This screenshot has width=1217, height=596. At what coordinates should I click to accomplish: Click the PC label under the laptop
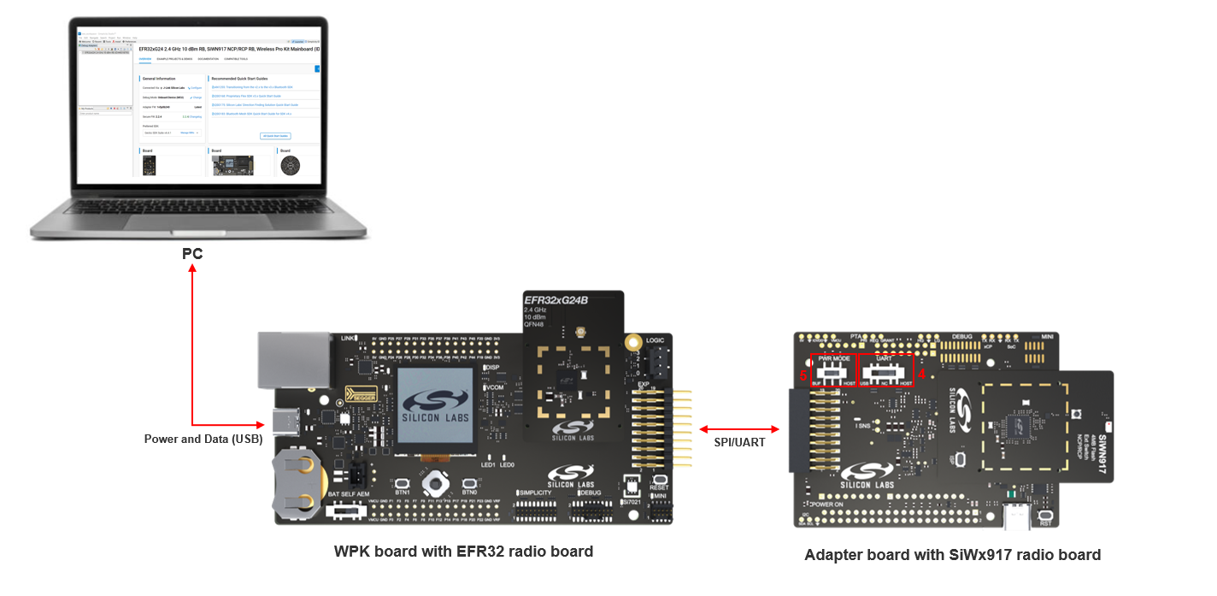pyautogui.click(x=193, y=254)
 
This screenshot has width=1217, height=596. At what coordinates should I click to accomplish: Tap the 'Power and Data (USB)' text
pyautogui.click(x=202, y=439)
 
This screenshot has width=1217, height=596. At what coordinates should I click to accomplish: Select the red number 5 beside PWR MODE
pyautogui.click(x=803, y=375)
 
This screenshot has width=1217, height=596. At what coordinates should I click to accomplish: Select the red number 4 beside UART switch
pyautogui.click(x=921, y=375)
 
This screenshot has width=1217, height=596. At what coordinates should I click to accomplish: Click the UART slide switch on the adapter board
pyautogui.click(x=884, y=373)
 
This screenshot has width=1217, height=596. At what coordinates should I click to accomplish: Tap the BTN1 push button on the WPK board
pyautogui.click(x=403, y=483)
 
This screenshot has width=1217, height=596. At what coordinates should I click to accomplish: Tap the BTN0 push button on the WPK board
pyautogui.click(x=469, y=483)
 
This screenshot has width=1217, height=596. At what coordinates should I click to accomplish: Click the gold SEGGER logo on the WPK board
pyautogui.click(x=360, y=395)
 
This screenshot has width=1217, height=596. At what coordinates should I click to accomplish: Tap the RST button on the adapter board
pyautogui.click(x=1044, y=516)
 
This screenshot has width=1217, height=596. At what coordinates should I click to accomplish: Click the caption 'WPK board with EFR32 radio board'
pyautogui.click(x=463, y=552)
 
